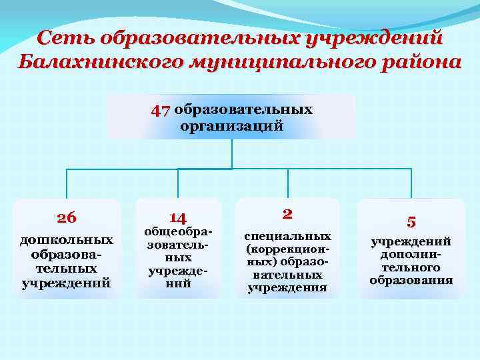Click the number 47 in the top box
click(161, 110)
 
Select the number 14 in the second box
click(178, 217)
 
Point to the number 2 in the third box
click(287, 213)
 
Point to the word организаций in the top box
click(231, 125)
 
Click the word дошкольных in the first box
click(67, 239)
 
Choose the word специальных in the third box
click(287, 236)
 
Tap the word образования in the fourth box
click(411, 279)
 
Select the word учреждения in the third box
click(287, 287)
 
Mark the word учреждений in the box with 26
click(67, 283)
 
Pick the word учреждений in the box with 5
click(411, 241)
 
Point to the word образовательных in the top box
click(244, 109)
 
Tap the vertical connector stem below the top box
click(231, 153)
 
